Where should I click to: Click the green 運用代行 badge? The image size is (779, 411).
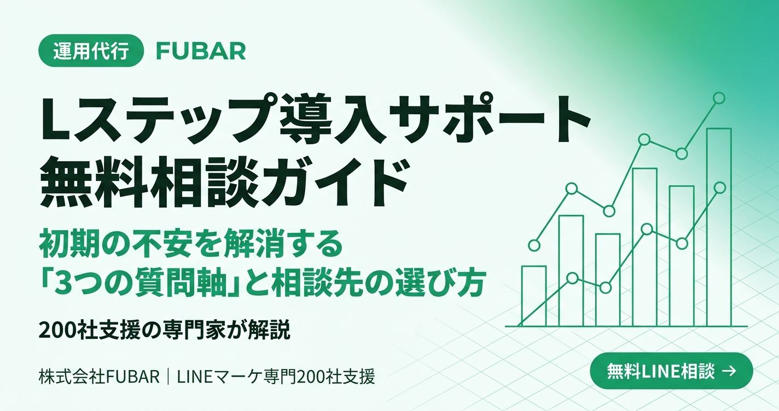click(91, 51)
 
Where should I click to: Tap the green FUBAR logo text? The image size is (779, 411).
click(201, 51)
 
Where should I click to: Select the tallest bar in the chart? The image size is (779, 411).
click(719, 227)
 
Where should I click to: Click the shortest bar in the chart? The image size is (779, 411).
click(534, 296)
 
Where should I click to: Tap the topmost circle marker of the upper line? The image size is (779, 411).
click(719, 98)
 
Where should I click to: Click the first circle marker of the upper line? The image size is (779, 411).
click(534, 245)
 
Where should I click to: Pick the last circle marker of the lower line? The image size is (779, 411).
click(720, 187)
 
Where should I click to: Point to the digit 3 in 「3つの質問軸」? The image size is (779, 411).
click(63, 283)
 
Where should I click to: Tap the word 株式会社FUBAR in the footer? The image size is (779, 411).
click(100, 377)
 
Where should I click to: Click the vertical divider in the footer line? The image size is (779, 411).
click(168, 377)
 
